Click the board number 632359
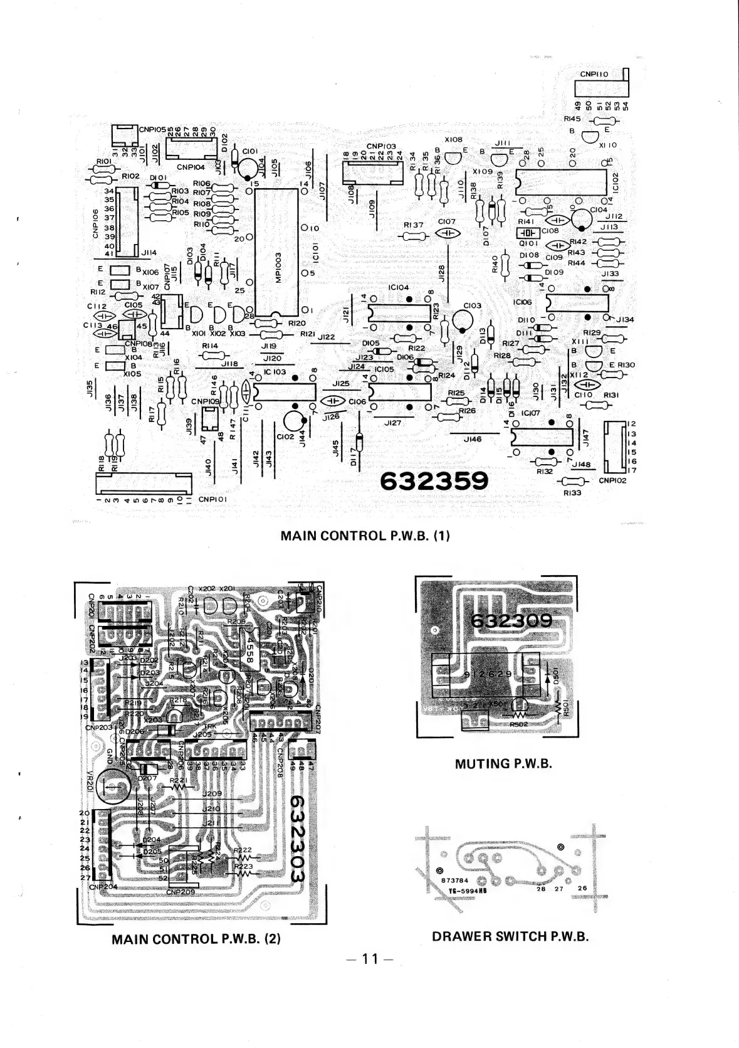[434, 481]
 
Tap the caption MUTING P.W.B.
[503, 764]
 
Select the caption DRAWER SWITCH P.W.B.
[510, 936]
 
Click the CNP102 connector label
[612, 481]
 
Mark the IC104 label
[399, 287]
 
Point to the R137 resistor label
[414, 225]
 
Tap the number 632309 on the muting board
[511, 620]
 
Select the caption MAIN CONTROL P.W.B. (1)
[366, 536]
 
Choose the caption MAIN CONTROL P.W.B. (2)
[195, 939]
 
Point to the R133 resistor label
[572, 493]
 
